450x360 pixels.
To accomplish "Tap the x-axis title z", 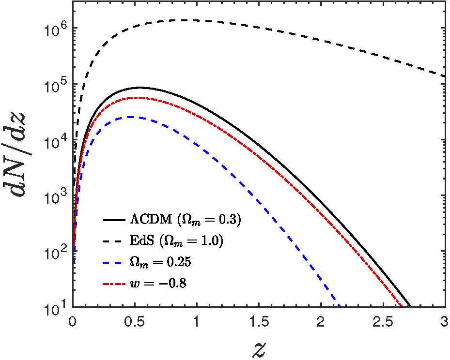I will point(259,347).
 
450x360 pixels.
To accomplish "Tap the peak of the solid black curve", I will point(139,88).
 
